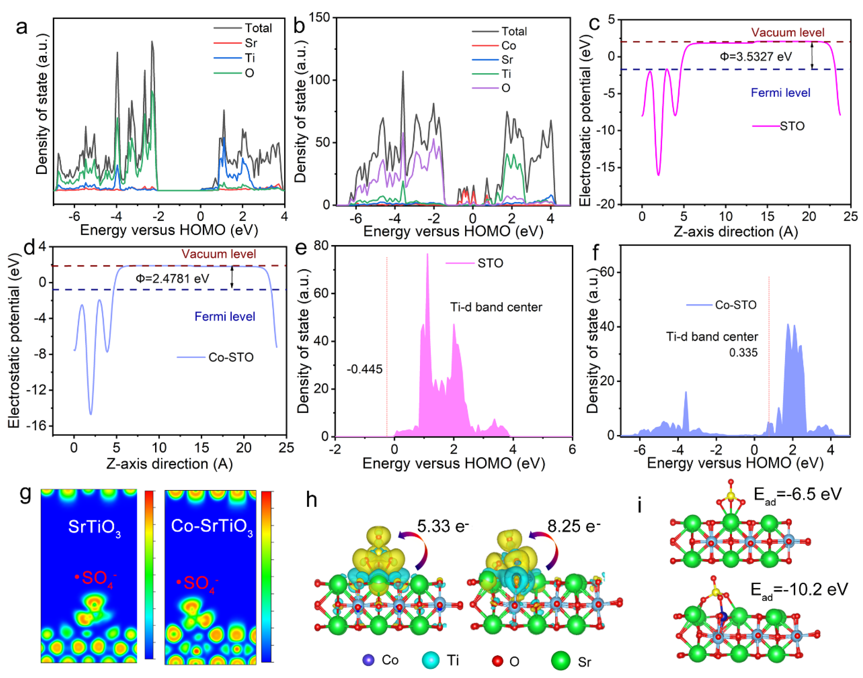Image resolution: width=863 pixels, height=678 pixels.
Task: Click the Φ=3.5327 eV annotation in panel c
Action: click(755, 57)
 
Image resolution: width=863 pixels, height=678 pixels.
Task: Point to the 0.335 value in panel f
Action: click(743, 353)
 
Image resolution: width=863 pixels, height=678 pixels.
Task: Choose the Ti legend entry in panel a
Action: click(249, 58)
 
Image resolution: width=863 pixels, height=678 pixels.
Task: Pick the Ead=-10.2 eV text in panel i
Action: click(799, 590)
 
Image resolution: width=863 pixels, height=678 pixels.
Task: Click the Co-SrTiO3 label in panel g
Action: click(211, 527)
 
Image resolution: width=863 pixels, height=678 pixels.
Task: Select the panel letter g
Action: click(25, 494)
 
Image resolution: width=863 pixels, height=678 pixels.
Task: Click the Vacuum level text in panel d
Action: click(219, 254)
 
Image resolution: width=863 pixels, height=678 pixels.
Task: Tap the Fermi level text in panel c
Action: click(780, 93)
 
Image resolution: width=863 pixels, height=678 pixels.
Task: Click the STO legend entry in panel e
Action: click(490, 263)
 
